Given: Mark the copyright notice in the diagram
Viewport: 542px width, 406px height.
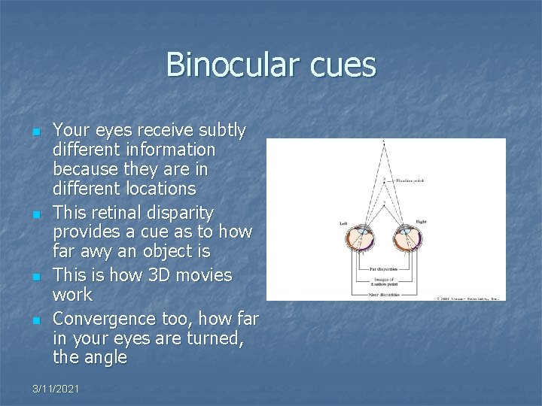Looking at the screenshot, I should coord(468,297).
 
